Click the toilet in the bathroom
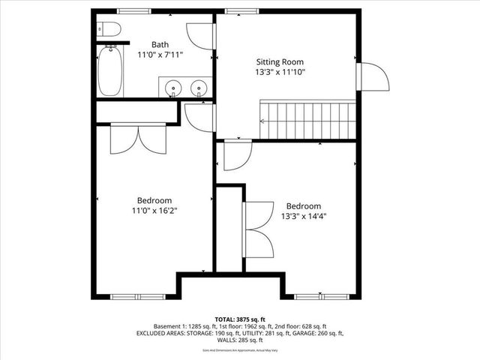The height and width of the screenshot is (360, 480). click(109, 30)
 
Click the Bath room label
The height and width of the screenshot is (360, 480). click(160, 44)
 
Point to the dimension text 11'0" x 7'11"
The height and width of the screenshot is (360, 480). click(160, 55)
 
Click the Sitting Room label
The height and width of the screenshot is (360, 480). click(281, 61)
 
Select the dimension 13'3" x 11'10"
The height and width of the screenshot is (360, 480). click(281, 73)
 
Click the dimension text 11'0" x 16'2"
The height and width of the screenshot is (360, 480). click(154, 211)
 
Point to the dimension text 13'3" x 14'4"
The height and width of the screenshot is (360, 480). click(303, 217)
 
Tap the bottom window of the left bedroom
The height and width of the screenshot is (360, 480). click(138, 297)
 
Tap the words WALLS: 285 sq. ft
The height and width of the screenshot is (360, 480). click(239, 340)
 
